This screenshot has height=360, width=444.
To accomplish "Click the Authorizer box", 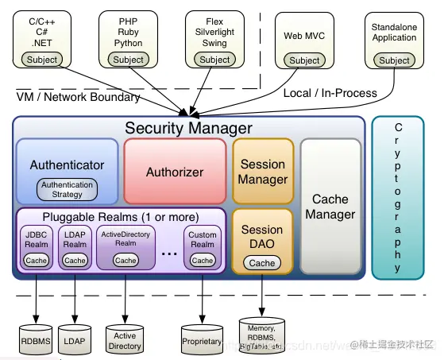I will click(174, 172).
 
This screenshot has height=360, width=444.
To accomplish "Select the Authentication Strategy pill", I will click(67, 190).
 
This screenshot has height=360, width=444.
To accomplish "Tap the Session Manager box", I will click(262, 172).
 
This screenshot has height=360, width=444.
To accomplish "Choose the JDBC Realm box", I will click(37, 246).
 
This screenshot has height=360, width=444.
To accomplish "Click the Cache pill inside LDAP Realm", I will click(75, 260).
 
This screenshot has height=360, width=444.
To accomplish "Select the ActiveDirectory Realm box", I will click(125, 246).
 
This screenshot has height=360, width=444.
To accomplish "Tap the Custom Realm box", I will click(202, 246).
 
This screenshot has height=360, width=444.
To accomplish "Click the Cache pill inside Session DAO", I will click(262, 263).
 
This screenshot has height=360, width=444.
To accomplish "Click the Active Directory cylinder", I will click(125, 339).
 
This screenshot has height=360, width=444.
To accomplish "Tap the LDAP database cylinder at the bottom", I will click(75, 339).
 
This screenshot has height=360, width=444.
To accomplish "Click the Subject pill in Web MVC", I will click(304, 60).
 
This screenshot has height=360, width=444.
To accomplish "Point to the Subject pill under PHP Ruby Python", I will click(128, 60).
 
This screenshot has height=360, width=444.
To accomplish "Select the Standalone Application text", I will click(394, 32).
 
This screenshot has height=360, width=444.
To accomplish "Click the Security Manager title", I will click(188, 128).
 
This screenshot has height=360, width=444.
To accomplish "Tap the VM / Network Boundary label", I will click(78, 97).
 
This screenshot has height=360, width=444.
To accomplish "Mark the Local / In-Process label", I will click(330, 93).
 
